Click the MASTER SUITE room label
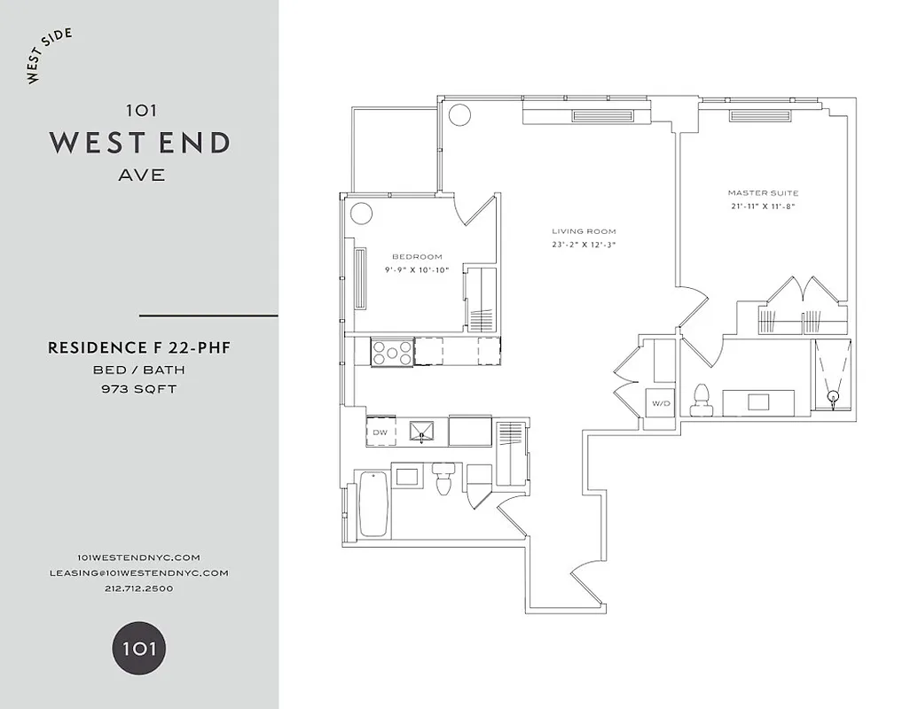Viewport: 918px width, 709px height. pyautogui.click(x=763, y=192)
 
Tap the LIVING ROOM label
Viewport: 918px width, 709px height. pyautogui.click(x=583, y=231)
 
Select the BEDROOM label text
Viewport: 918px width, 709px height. pyautogui.click(x=417, y=257)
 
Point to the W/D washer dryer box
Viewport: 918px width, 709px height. pyautogui.click(x=660, y=404)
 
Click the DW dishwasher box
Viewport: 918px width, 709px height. pyautogui.click(x=380, y=432)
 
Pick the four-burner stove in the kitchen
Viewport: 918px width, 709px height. pyautogui.click(x=391, y=352)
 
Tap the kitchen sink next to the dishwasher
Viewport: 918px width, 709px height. pyautogui.click(x=423, y=432)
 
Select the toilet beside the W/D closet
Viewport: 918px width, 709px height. pyautogui.click(x=702, y=399)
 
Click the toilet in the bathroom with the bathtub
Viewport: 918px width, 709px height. pyautogui.click(x=444, y=479)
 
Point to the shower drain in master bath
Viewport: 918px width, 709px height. pyautogui.click(x=832, y=397)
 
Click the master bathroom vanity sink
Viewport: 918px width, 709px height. pyautogui.click(x=758, y=402)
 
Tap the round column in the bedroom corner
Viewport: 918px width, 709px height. pyautogui.click(x=361, y=214)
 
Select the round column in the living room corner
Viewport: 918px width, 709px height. pyautogui.click(x=459, y=114)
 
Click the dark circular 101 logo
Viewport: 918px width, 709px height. pyautogui.click(x=138, y=648)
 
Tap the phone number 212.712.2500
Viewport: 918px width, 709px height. pyautogui.click(x=139, y=588)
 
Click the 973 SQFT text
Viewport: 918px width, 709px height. pyautogui.click(x=139, y=388)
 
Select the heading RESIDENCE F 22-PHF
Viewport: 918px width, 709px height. pyautogui.click(x=139, y=348)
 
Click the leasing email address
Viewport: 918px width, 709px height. pyautogui.click(x=139, y=573)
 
